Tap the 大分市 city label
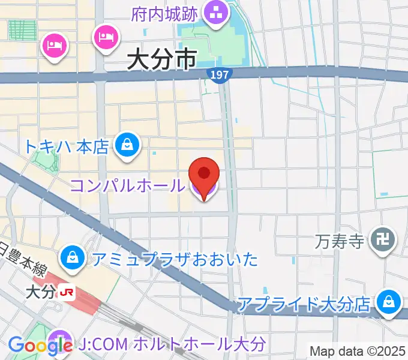162,60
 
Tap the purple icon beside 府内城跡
214,11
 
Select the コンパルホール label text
128,185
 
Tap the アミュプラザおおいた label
175,259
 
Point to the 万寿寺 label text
340,242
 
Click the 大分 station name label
41,293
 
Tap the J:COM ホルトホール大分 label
172,344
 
